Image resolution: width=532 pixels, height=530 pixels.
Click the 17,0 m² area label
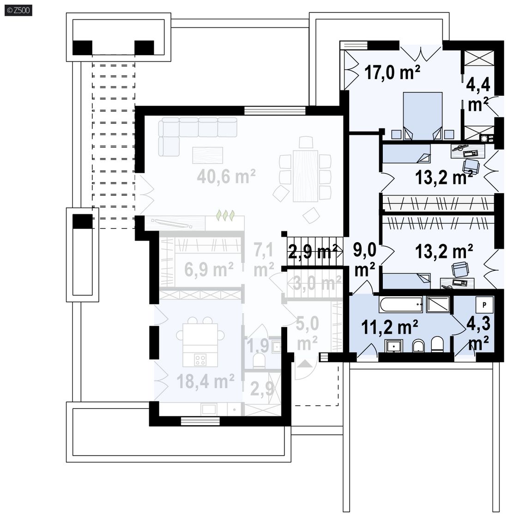[x=392, y=72]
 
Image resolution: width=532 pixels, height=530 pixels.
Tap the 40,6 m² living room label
[x=226, y=177]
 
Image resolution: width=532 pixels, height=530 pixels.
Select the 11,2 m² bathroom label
[x=389, y=327]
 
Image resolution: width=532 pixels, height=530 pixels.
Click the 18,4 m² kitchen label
[x=206, y=381]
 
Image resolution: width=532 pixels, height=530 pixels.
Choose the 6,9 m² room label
[x=209, y=269]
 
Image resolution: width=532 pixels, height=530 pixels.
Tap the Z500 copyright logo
[x=18, y=10]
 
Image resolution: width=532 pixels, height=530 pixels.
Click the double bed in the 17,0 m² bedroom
[x=423, y=116]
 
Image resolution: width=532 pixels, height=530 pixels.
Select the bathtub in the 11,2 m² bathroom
[x=401, y=304]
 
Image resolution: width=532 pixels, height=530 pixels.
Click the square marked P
[x=484, y=305]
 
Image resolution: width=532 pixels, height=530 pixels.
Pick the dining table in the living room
[x=305, y=176]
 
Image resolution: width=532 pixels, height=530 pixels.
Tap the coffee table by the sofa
[x=208, y=155]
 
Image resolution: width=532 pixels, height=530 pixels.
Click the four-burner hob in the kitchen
[x=200, y=360]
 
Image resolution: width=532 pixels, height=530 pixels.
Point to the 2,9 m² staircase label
[x=313, y=251]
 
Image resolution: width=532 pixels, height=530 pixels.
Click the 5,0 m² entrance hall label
[x=308, y=334]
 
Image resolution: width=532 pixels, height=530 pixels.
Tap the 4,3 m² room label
[x=478, y=334]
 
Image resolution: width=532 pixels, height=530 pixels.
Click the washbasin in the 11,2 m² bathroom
[x=393, y=346]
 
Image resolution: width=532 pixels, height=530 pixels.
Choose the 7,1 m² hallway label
[x=264, y=260]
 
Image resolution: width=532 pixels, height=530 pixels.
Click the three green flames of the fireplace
[x=225, y=215]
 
